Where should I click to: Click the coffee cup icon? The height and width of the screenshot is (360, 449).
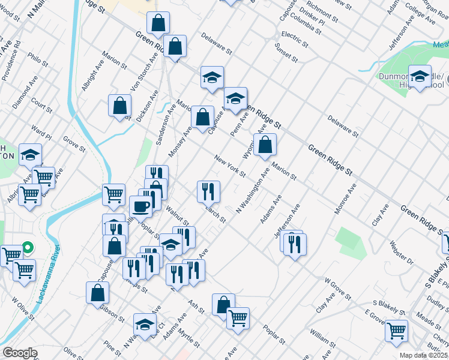click(141, 206)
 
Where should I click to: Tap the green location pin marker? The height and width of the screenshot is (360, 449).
click(27, 247)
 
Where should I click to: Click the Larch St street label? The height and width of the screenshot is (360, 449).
click(214, 214)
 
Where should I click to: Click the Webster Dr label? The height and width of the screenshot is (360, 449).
click(402, 251)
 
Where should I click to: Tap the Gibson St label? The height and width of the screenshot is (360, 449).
click(112, 311)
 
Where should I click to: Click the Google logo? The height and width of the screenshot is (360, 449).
click(20, 353)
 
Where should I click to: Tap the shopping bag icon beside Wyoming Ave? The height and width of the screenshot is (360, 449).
click(265, 145)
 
